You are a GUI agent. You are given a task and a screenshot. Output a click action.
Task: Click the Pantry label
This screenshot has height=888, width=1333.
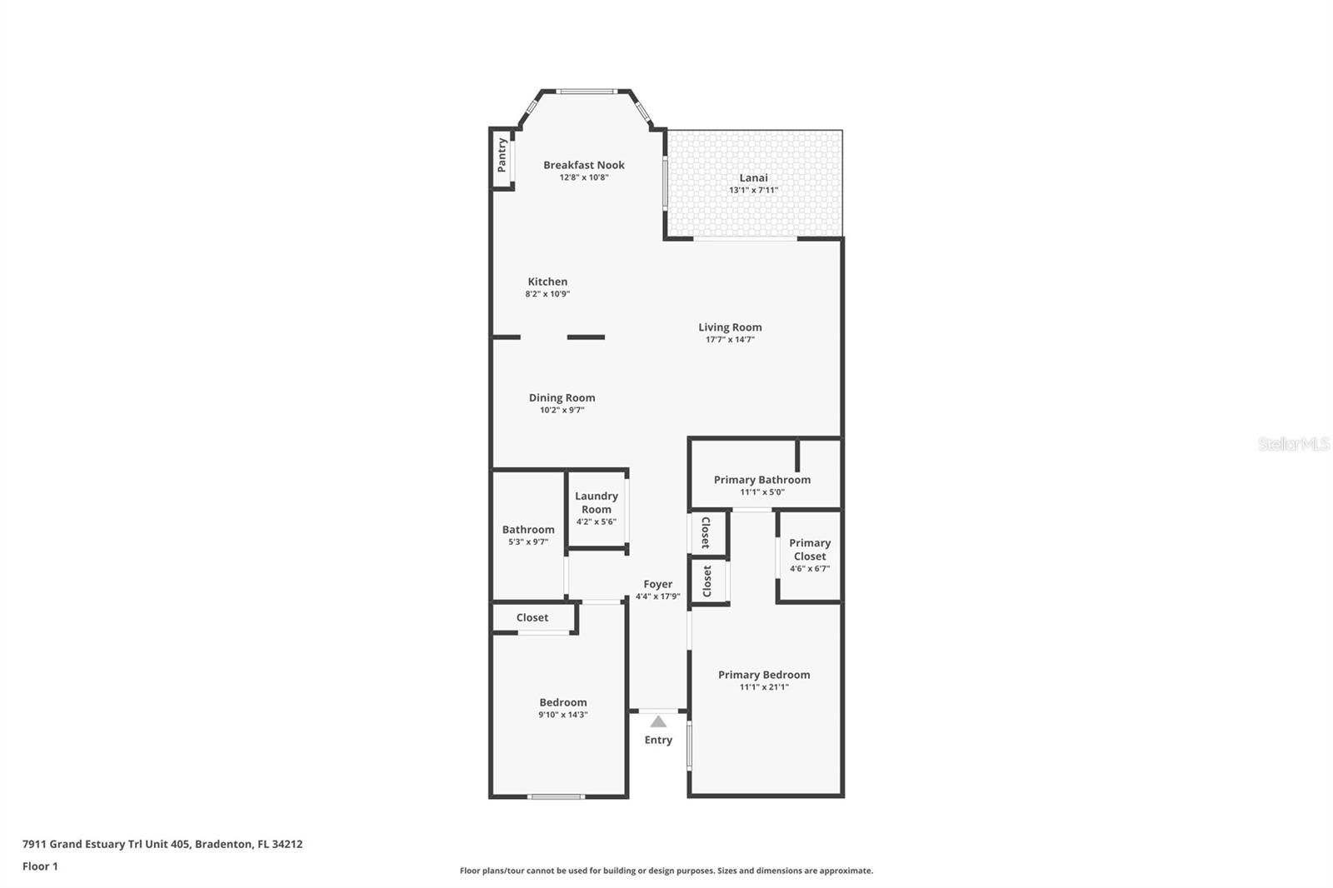tap(502, 155)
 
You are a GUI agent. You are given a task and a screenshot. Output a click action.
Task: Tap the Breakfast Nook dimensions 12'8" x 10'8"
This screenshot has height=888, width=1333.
tap(583, 177)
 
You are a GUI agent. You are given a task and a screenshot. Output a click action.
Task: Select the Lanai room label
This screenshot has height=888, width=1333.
tap(753, 177)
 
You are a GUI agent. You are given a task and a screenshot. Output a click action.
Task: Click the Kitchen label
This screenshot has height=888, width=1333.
tap(547, 282)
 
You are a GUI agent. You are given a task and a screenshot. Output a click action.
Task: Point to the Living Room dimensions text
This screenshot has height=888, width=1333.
tap(730, 340)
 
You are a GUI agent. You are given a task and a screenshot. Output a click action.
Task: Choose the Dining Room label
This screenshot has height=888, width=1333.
tap(562, 397)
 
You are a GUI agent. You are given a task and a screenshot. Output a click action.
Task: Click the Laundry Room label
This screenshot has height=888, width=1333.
tap(597, 502)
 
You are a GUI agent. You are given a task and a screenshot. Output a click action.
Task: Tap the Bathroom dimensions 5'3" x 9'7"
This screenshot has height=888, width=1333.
tap(528, 542)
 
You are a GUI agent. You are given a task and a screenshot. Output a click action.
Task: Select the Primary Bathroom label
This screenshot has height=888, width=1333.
tap(761, 480)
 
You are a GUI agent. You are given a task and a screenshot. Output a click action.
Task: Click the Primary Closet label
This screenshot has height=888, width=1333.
tap(809, 550)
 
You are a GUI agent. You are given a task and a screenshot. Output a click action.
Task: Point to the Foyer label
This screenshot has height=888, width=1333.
tap(657, 584)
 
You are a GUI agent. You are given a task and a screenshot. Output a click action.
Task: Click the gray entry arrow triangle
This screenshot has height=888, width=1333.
tap(658, 721)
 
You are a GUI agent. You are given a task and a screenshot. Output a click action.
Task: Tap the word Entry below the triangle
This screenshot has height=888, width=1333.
tap(658, 740)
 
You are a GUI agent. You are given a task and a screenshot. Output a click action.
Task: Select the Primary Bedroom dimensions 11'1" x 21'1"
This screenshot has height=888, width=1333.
tap(763, 687)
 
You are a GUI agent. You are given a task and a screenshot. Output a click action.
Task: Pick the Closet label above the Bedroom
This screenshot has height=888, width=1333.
tap(532, 617)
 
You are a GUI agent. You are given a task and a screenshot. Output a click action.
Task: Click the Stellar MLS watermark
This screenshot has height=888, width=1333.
tap(1293, 444)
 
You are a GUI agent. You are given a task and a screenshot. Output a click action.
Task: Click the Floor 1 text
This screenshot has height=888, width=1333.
tap(40, 866)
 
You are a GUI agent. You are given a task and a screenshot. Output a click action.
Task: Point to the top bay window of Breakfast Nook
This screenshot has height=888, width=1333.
tap(586, 91)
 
